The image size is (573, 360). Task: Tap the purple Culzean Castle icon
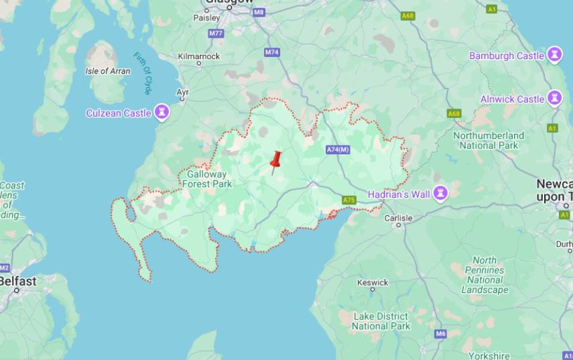click(162, 113)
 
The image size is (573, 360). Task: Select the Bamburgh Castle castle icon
click(554, 56)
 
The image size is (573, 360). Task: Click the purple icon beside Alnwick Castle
click(554, 99)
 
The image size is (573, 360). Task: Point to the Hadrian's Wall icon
click(440, 194)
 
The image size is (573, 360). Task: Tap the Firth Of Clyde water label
click(143, 73)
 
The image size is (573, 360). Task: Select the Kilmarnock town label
click(199, 56)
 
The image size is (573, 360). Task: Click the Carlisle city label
click(398, 218)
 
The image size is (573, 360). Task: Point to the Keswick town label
click(373, 282)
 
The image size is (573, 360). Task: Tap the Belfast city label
click(18, 281)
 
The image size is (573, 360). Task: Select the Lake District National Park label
click(380, 321)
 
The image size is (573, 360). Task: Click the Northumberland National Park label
click(488, 140)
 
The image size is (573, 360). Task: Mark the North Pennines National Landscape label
click(485, 275)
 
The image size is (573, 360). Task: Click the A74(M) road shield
click(338, 149)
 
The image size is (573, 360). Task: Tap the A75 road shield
click(348, 200)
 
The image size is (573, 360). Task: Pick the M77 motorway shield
click(216, 33)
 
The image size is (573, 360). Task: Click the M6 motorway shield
click(440, 334)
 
